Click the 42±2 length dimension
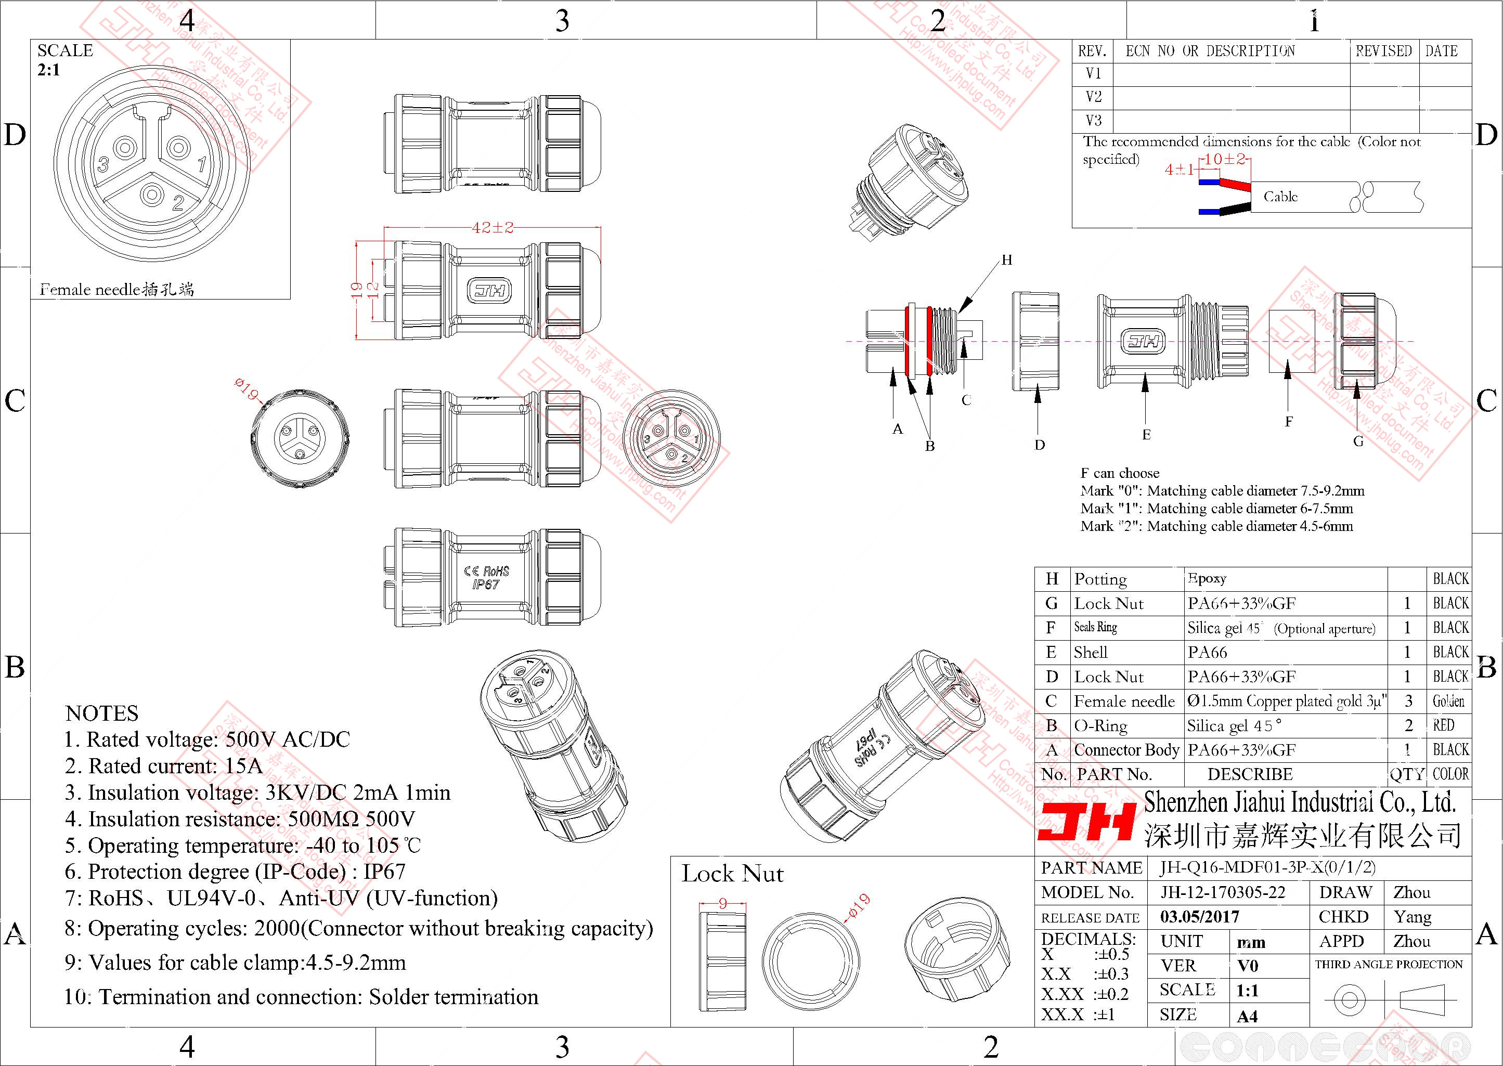click(x=493, y=228)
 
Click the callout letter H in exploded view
click(x=1007, y=260)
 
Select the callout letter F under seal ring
click(x=1288, y=421)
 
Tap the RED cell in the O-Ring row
click(x=1443, y=725)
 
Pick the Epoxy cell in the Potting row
click(x=1207, y=578)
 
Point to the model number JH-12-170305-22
click(x=1222, y=892)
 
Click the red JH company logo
click(x=1086, y=821)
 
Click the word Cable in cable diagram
click(x=1280, y=196)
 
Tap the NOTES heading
click(x=102, y=713)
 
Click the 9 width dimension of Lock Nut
click(x=722, y=904)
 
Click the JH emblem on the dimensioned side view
click(x=489, y=291)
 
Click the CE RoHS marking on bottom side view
click(x=486, y=577)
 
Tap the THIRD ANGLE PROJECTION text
click(x=1389, y=964)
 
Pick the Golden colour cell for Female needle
click(x=1448, y=701)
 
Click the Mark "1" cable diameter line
click(x=1216, y=508)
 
